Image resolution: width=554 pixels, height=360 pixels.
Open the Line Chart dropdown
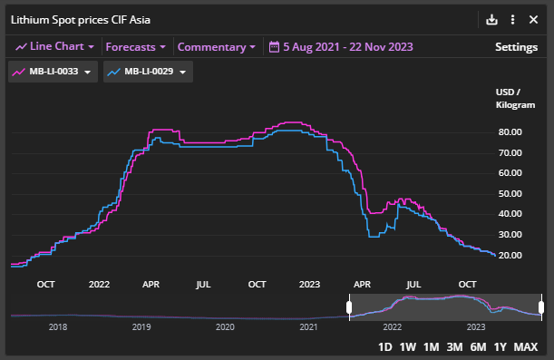pos(55,46)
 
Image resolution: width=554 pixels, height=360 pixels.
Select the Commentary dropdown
pos(216,46)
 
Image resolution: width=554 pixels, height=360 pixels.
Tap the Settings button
pos(516,46)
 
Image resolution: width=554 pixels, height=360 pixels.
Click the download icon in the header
pos(492,19)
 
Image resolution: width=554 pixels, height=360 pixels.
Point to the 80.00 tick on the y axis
pos(509,131)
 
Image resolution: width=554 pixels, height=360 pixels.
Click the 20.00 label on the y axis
pos(509,255)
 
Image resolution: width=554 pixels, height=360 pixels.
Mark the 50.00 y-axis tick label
pos(509,193)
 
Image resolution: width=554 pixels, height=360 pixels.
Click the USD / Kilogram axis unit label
pos(509,100)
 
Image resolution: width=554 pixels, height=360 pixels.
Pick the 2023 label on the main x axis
pos(310,283)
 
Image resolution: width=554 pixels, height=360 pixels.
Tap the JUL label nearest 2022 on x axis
pos(203,283)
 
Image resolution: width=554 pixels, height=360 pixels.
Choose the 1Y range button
pos(501,346)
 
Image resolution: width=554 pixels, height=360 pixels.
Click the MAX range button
pos(526,346)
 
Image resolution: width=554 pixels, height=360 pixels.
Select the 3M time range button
pos(455,346)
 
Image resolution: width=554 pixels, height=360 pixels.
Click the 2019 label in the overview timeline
pos(141,326)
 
